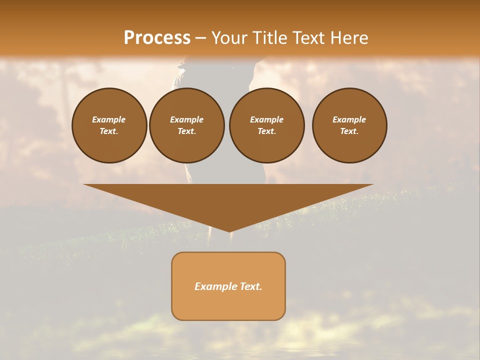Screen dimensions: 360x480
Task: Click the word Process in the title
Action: click(157, 38)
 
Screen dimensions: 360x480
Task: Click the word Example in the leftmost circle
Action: click(109, 119)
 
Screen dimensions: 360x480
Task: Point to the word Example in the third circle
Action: click(266, 119)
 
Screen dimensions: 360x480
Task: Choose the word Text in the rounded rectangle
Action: click(250, 286)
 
